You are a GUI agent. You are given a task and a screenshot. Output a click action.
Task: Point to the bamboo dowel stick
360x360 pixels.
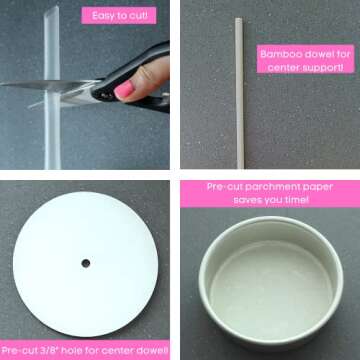pyautogui.click(x=239, y=90)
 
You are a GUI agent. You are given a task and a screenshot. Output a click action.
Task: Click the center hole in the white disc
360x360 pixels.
pyautogui.click(x=85, y=263)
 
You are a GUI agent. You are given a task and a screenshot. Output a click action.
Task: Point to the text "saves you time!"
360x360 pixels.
pyautogui.click(x=271, y=200)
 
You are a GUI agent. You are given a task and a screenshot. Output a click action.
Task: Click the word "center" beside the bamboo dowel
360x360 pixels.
pyautogui.click(x=283, y=67)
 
